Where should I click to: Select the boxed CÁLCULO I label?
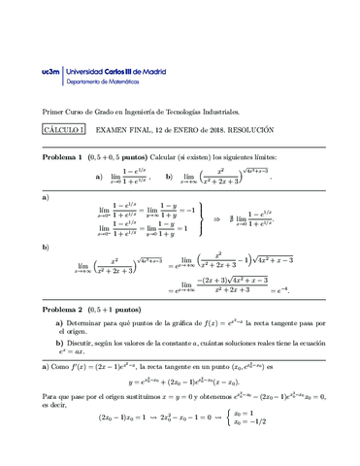64,129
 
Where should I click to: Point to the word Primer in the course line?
54,112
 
